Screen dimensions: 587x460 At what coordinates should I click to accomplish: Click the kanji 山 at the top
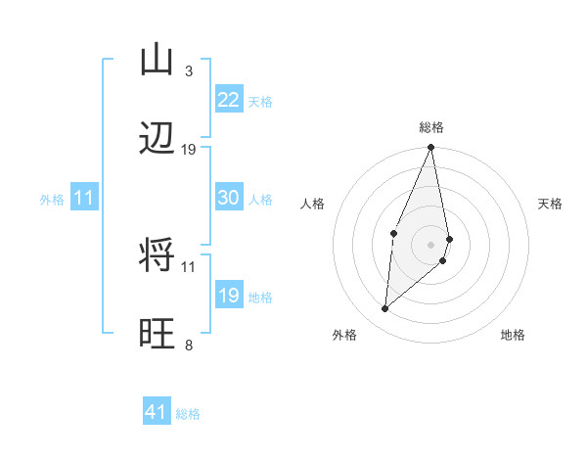[x=158, y=60]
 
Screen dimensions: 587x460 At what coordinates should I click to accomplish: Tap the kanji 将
[x=158, y=256]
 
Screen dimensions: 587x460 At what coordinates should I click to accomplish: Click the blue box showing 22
[x=228, y=100]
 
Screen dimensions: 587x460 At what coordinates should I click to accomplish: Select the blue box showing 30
[x=228, y=198]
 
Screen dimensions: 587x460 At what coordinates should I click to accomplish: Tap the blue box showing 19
[x=228, y=296]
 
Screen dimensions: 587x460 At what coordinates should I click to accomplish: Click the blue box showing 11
[x=83, y=198]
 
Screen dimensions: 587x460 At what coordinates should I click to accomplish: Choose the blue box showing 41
[x=157, y=413]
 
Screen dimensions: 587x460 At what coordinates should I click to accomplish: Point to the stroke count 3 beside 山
[x=188, y=71]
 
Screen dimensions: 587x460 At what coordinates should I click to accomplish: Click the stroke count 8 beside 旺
[x=188, y=345]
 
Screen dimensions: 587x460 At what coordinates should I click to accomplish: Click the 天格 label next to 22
[x=260, y=102]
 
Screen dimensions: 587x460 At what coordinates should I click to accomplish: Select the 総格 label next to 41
[x=188, y=414]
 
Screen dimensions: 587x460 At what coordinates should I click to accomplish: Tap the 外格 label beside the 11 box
[x=52, y=200]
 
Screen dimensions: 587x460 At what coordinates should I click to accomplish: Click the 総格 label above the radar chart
[x=431, y=127]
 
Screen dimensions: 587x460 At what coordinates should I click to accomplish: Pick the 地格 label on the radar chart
[x=513, y=335]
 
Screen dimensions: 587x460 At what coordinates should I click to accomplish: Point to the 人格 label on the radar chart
[x=313, y=204]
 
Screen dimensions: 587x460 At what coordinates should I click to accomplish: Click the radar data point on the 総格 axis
[x=431, y=148]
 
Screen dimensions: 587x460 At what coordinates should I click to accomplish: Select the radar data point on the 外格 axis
[x=385, y=309]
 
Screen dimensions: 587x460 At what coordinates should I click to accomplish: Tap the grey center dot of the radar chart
[x=431, y=244]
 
